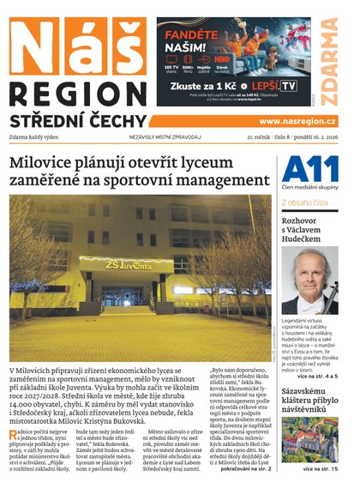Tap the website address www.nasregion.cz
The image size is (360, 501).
coord(297,122)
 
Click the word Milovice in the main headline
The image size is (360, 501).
coord(41,163)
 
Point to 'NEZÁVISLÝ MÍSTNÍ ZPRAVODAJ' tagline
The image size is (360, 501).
coord(165,137)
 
